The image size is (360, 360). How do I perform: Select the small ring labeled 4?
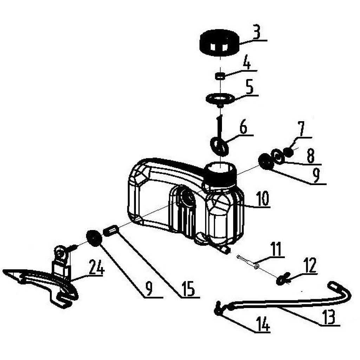220,76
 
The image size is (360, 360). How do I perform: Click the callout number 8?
310,156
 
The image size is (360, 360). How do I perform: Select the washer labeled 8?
278,157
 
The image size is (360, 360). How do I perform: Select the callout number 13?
328,316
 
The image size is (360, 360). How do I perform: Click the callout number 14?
263,325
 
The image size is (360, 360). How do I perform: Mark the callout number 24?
97,267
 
